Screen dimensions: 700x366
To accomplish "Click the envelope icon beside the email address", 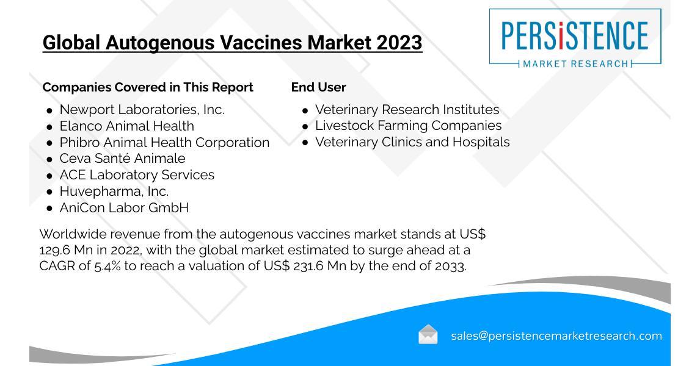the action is (428, 334).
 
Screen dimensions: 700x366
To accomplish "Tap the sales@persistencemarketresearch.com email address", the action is (556, 335).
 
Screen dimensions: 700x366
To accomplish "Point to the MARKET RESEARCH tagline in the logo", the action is (575, 64).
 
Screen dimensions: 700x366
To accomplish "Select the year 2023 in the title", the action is (399, 43).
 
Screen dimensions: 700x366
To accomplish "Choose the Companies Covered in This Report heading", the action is (148, 87).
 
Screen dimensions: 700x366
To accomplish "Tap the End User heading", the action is (318, 87).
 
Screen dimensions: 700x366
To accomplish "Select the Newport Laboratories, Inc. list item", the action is (142, 110).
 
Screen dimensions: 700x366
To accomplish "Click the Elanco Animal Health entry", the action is (127, 126).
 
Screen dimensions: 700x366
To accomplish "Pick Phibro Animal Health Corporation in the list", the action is (165, 143).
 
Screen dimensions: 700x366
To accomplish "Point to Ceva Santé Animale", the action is (122, 158).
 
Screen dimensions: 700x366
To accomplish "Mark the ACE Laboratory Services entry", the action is (137, 174).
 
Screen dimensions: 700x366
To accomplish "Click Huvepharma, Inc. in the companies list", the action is (114, 192).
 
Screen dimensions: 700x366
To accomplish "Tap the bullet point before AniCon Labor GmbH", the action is (49, 209).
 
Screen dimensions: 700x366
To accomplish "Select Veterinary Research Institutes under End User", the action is (407, 110).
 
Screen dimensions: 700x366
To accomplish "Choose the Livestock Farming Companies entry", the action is (409, 126).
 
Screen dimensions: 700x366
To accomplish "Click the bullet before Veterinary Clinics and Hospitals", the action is (305, 143).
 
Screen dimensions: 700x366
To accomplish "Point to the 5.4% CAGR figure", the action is (107, 266).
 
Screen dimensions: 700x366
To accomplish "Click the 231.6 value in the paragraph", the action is (308, 266).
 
